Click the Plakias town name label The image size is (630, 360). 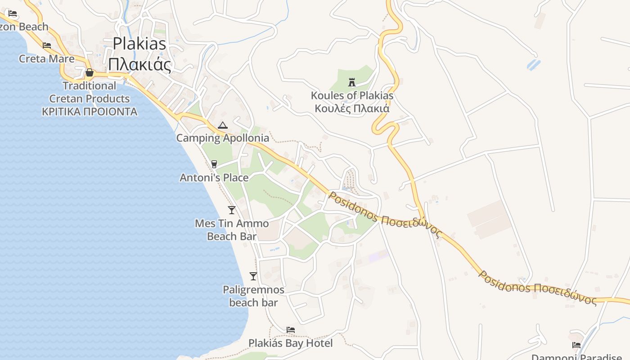tap(139, 44)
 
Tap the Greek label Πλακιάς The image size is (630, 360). tap(139, 64)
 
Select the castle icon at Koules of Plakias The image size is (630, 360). tap(352, 82)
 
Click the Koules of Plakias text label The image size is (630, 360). tap(352, 95)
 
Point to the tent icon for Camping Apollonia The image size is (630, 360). tap(222, 125)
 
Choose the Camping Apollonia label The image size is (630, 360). tap(222, 138)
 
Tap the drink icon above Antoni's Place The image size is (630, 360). tap(214, 164)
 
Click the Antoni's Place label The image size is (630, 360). tap(214, 178)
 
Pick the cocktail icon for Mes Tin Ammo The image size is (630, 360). tap(232, 210)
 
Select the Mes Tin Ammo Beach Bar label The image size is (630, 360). tap(232, 229)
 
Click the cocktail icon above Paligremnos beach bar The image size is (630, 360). tap(253, 276)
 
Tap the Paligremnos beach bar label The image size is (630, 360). tap(253, 296)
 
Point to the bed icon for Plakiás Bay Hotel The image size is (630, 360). tap(291, 330)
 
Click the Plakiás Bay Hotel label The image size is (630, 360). tap(291, 343)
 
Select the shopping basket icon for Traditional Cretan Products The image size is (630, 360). tap(90, 72)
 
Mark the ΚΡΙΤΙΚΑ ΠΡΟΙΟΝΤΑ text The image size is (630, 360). tap(90, 112)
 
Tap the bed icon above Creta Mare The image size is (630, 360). tap(47, 45)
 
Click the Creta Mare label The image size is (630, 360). tap(47, 58)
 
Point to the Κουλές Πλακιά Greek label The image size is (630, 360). tap(352, 108)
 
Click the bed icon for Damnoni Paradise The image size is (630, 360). tap(576, 345)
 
